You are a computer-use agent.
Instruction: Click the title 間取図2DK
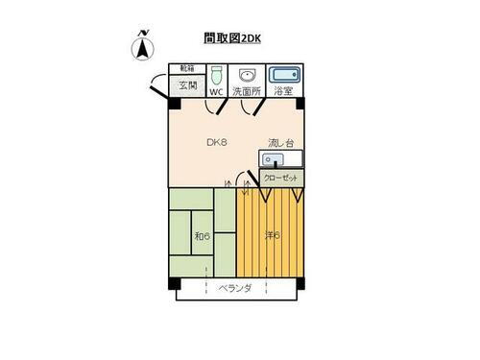pyautogui.click(x=232, y=39)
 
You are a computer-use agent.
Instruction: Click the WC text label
pyautogui.click(x=216, y=92)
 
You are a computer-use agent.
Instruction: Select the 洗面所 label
pyautogui.click(x=247, y=92)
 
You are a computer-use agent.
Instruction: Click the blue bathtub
pyautogui.click(x=283, y=74)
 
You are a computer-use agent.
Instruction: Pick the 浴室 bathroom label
pyautogui.click(x=283, y=92)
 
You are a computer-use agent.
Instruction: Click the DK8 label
pyautogui.click(x=216, y=143)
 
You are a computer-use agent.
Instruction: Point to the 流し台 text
pyautogui.click(x=280, y=144)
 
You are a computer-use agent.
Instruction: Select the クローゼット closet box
pyautogui.click(x=280, y=179)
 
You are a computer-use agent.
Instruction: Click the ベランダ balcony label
pyautogui.click(x=235, y=289)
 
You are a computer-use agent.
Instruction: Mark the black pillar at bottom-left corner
pyautogui.click(x=174, y=284)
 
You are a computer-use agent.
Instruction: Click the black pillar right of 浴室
pyautogui.click(x=301, y=102)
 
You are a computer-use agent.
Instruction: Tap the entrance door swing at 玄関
pyautogui.click(x=157, y=87)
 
